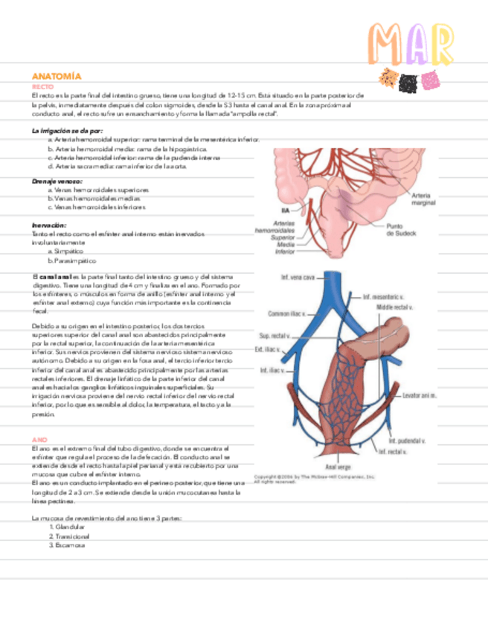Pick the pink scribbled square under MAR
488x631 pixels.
click(428, 80)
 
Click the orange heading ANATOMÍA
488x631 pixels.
click(56, 77)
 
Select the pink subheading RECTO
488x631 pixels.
click(42, 87)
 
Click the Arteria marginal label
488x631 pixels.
click(423, 199)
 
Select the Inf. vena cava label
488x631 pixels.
click(295, 280)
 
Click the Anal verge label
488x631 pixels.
click(328, 467)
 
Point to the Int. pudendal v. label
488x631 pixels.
click(406, 441)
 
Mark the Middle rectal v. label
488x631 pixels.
click(394, 307)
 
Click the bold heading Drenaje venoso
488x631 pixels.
click(57, 181)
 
